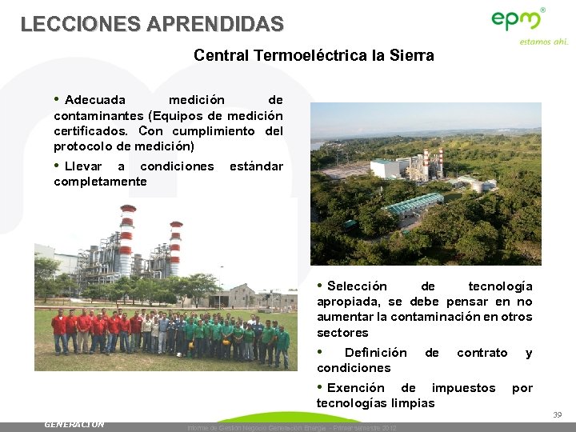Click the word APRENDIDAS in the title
(x=211, y=24)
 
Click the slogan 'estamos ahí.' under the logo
(x=543, y=42)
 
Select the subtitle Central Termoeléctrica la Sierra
(x=314, y=56)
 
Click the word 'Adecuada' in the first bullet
(x=94, y=100)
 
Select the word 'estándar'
(x=256, y=166)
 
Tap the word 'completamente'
(x=100, y=182)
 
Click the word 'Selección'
(x=357, y=286)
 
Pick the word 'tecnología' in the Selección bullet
(x=500, y=286)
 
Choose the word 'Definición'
(x=375, y=353)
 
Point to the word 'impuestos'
(x=463, y=388)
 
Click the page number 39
(x=557, y=414)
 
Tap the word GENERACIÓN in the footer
(x=74, y=424)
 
